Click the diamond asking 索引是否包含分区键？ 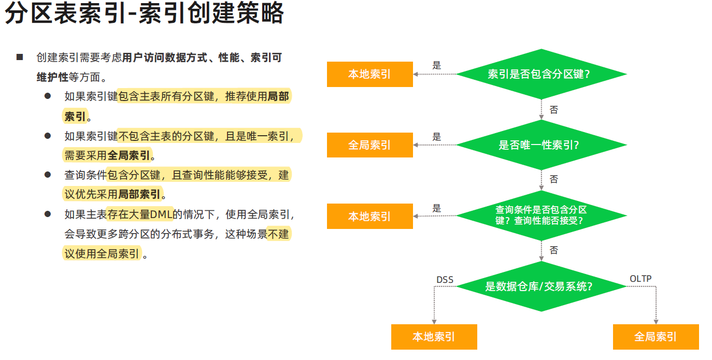click(x=541, y=74)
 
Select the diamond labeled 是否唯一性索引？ click(x=541, y=145)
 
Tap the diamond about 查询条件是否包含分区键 click(x=541, y=215)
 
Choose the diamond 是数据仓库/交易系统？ click(x=541, y=286)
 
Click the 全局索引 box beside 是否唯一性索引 click(x=369, y=145)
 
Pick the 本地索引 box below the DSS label click(x=434, y=337)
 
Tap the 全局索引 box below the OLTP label click(x=656, y=337)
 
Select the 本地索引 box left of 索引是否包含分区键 click(x=369, y=74)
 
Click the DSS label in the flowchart click(x=445, y=280)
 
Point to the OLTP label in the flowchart click(x=640, y=279)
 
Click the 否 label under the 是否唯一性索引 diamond click(x=554, y=179)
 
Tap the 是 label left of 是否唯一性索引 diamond click(x=437, y=137)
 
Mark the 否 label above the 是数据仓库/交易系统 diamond click(x=554, y=250)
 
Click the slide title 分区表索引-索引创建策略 click(x=145, y=14)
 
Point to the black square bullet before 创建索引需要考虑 click(x=20, y=57)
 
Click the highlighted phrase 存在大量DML click(x=139, y=214)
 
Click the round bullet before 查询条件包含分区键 click(x=48, y=175)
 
